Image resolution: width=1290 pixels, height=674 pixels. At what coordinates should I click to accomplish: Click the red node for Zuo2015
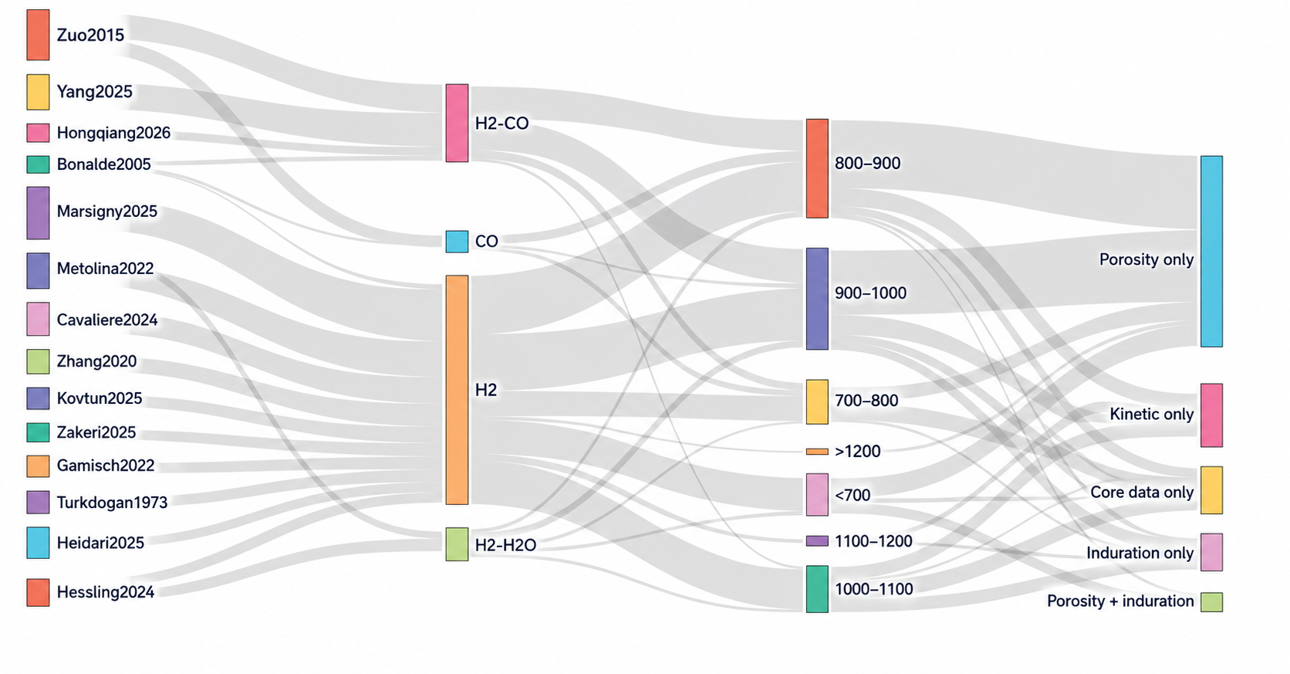(x=38, y=35)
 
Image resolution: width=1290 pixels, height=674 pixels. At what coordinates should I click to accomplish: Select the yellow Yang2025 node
(x=38, y=92)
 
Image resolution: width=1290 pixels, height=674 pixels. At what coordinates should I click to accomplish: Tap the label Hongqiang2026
(x=113, y=133)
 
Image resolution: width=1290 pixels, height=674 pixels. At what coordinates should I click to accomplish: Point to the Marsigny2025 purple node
(x=38, y=212)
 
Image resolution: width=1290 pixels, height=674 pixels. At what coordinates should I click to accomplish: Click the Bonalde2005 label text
(x=103, y=164)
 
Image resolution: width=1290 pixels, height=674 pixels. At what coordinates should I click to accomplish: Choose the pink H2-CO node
(x=458, y=124)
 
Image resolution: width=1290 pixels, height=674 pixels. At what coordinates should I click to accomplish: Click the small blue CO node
(x=458, y=242)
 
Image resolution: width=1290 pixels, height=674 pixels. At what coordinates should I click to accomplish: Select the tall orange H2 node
(x=458, y=390)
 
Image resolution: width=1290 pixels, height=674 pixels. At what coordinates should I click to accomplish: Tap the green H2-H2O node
(x=458, y=544)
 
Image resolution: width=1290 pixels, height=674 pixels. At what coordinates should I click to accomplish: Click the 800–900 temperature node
(x=817, y=169)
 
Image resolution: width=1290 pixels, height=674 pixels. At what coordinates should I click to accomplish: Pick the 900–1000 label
(x=871, y=293)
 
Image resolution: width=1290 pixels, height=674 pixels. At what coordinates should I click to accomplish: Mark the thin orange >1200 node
(x=817, y=452)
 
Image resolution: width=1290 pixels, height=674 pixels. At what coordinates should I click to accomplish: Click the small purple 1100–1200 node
(x=817, y=541)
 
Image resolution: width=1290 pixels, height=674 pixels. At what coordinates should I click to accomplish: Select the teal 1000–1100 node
(x=817, y=589)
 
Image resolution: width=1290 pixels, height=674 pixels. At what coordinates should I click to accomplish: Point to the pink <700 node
(x=817, y=495)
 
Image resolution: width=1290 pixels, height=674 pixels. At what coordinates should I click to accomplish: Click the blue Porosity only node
(x=1211, y=251)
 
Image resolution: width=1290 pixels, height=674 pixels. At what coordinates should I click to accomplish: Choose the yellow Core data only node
(x=1211, y=490)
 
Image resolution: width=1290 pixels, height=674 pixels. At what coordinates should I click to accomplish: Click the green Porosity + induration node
(x=1211, y=602)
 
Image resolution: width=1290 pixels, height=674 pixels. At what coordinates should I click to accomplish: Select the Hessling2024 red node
(x=38, y=593)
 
